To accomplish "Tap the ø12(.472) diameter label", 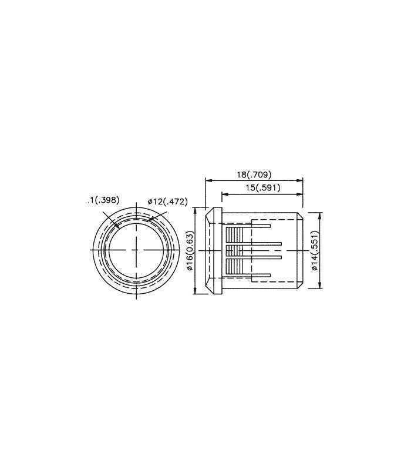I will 167,202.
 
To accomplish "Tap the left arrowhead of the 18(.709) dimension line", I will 207,180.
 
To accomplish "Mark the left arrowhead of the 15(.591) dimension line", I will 224,193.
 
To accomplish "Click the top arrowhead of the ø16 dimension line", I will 194,209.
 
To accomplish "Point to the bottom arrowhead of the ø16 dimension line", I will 194,292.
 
